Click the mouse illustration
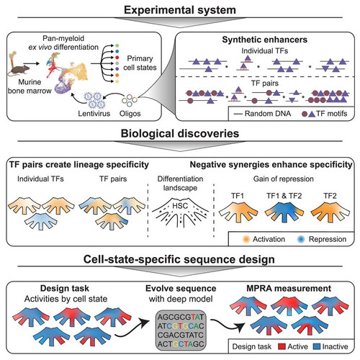coord(19,70)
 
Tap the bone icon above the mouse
coord(13,59)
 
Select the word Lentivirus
coord(94,113)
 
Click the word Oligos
coord(130,114)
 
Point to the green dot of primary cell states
coord(117,45)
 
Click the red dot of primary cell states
coord(117,58)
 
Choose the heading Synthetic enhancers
coord(264,40)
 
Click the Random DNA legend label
coord(268,114)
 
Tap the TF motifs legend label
coord(332,114)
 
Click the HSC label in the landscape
coord(180,206)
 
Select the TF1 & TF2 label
coord(284,196)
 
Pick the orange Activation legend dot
coord(246,239)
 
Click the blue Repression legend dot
coord(301,239)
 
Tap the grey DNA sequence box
coord(181,330)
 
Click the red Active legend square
coord(282,346)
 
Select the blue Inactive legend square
coord(317,346)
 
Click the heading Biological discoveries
coord(180,133)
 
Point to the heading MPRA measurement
coord(289,288)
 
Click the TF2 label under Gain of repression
coord(330,196)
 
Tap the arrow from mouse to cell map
coord(32,63)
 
